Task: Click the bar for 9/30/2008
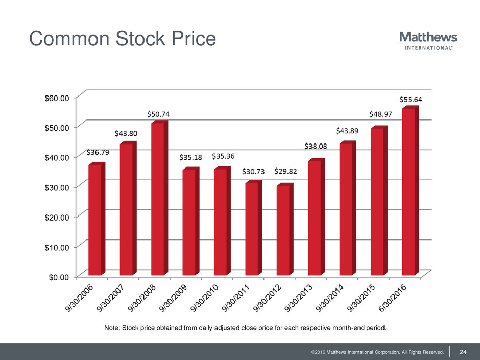point(158,199)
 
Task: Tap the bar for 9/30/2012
point(283,230)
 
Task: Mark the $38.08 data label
point(317,146)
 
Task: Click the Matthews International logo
point(427,40)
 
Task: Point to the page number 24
point(464,351)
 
